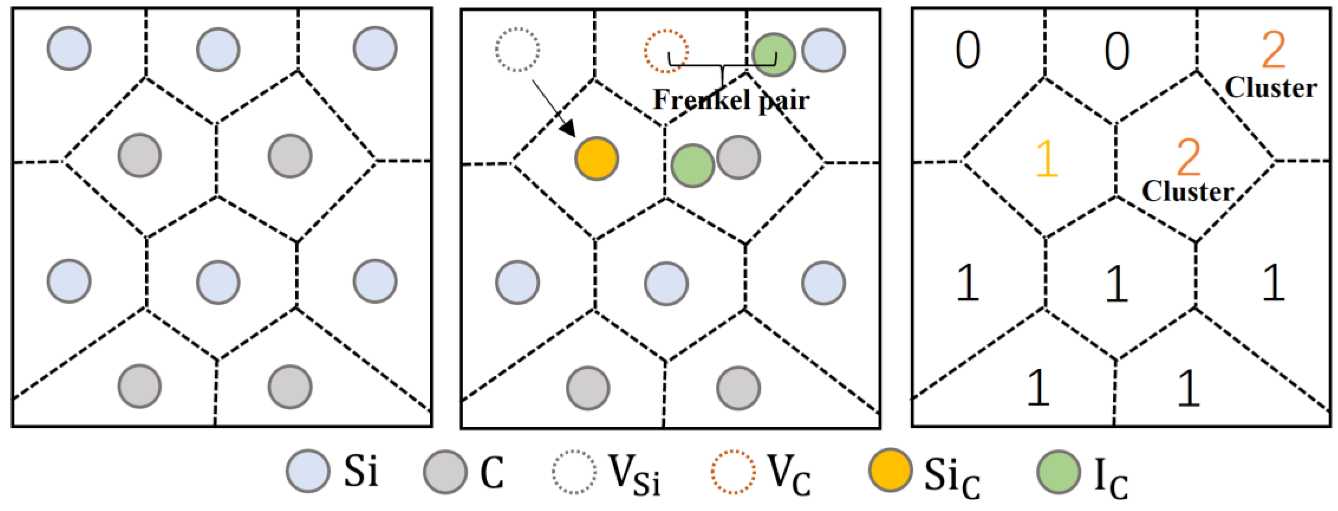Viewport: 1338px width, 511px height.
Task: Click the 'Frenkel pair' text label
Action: [731, 100]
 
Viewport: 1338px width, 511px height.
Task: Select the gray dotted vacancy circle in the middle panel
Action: [517, 50]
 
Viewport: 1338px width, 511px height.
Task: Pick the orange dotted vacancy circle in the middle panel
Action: [666, 51]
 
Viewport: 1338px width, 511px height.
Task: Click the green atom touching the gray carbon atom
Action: [692, 165]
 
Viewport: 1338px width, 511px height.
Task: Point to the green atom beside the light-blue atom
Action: [773, 55]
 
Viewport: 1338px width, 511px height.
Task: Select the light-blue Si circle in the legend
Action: [308, 471]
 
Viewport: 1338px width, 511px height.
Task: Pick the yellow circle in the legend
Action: [890, 470]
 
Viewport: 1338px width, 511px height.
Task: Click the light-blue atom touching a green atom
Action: [823, 50]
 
